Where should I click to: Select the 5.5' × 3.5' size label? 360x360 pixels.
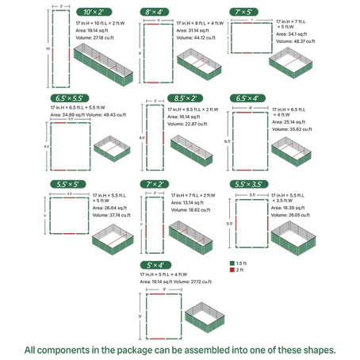pyautogui.click(x=252, y=183)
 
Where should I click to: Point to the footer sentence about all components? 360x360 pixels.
pyautogui.click(x=180, y=348)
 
